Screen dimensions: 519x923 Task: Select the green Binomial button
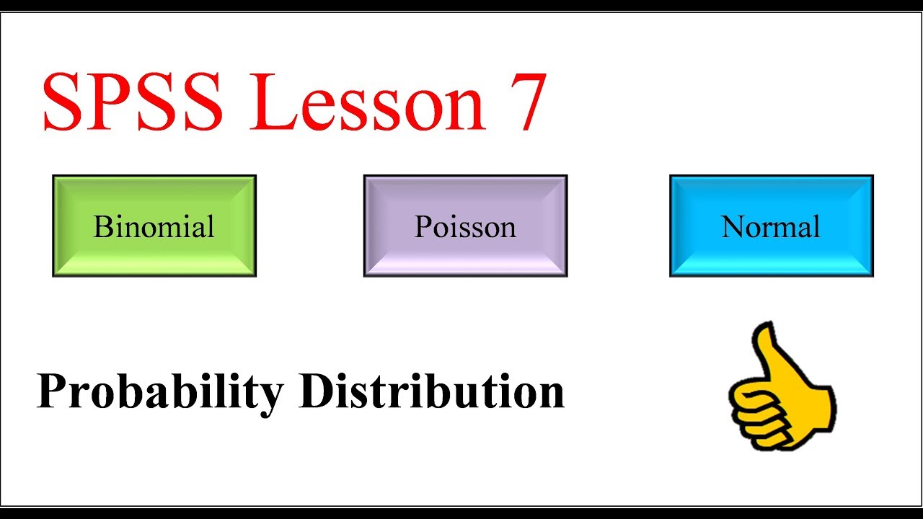click(x=154, y=226)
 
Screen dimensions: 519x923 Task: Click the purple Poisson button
click(x=465, y=226)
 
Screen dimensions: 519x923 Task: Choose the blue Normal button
click(x=771, y=226)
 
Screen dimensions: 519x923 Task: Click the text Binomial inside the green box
click(x=154, y=227)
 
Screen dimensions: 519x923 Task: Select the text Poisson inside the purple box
click(x=465, y=227)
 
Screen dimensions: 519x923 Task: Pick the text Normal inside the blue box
click(x=771, y=227)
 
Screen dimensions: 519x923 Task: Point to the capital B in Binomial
click(x=102, y=227)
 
